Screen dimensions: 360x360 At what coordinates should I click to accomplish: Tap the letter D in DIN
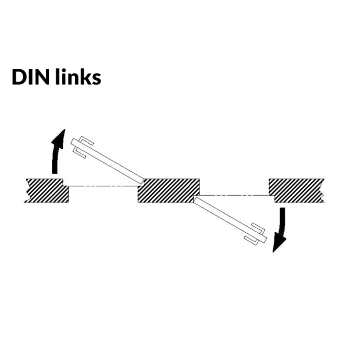[19, 77]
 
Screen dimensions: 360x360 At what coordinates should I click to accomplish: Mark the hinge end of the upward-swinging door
[141, 180]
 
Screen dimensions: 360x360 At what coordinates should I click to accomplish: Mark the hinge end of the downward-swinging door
[196, 199]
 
